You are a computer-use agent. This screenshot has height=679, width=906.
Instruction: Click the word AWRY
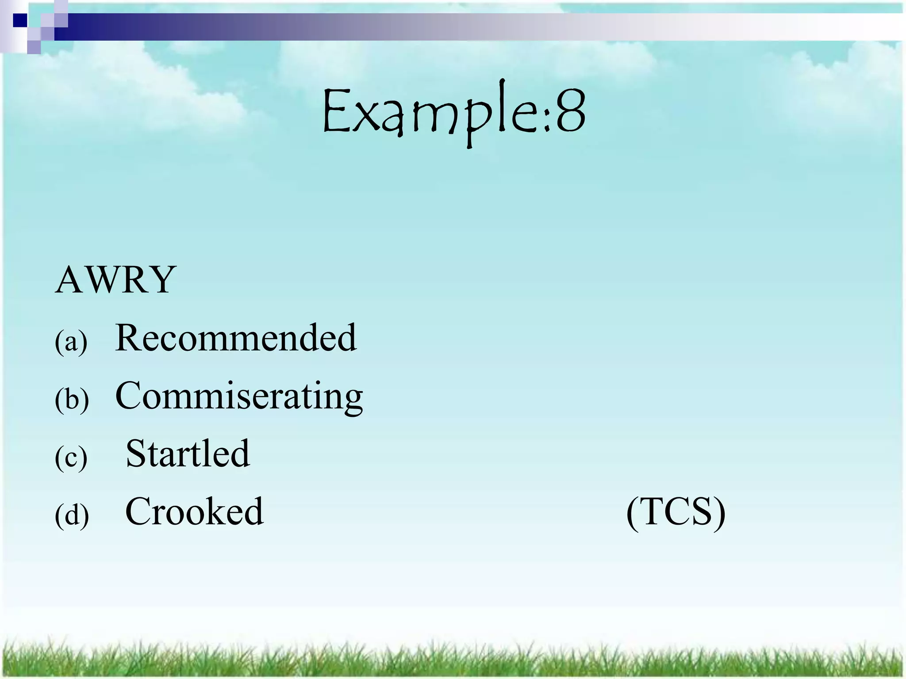coord(115,280)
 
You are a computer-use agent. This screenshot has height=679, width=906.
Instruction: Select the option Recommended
coord(235,338)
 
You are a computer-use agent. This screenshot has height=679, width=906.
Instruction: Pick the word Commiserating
coord(239,396)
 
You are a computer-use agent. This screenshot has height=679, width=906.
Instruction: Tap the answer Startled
coord(188,454)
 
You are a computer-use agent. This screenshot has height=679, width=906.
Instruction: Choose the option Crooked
coord(194,512)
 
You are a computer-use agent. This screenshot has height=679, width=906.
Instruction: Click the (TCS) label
coord(676,513)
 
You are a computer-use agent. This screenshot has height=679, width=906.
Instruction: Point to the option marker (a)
coord(71,342)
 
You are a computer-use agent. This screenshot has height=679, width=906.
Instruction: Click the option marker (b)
coord(72,400)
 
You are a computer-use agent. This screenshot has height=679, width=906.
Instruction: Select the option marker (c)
coord(71,458)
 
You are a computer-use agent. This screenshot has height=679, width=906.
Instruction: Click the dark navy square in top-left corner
coord(19,20)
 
